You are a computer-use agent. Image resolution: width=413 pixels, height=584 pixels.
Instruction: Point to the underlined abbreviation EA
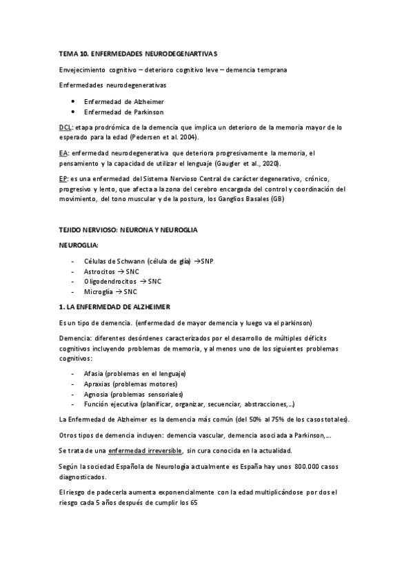(x=63, y=154)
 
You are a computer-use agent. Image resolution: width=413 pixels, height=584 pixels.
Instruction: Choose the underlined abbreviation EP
(x=63, y=178)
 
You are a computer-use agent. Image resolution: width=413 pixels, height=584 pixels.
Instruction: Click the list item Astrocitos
(x=99, y=271)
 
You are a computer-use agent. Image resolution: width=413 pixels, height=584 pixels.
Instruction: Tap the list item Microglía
(x=99, y=292)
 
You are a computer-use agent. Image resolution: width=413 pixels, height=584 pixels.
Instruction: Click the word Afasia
(x=93, y=373)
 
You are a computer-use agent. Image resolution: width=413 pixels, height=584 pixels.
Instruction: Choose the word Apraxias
(x=97, y=384)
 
